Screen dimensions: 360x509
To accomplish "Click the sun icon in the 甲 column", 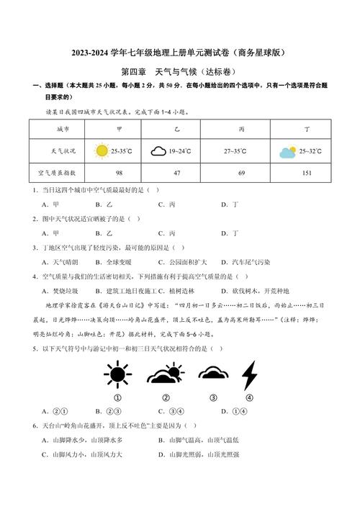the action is (x=102, y=151).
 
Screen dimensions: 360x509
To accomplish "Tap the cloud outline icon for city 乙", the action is (x=158, y=152).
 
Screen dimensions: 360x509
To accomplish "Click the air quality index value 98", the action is (x=120, y=173).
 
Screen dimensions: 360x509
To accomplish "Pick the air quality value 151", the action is (x=307, y=173).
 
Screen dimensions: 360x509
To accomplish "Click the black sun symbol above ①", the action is (x=115, y=374).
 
